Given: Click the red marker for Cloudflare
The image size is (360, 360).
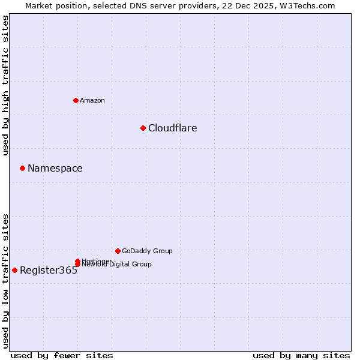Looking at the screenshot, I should coord(143,128).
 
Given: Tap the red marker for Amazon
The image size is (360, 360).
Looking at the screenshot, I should coord(76,100).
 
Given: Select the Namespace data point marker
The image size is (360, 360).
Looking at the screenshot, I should coord(22,168).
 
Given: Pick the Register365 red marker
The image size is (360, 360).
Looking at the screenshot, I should coord(14,270).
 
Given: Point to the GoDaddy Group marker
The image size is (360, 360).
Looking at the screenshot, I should coord(118,251).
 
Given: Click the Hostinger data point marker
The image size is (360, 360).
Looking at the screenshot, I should coord(77,261).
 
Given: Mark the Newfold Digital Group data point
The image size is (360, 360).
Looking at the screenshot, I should coord(77,265).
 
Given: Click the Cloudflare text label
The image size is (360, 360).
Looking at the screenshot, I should coord(172,128).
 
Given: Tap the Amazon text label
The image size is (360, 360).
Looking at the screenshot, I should coord(92,100).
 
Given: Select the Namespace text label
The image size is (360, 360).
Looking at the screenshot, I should coord(55,168).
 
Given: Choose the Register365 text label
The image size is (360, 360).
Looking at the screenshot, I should coord(49,270).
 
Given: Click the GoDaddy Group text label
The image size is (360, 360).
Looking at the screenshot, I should coord(147,251).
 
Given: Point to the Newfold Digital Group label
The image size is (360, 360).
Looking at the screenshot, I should coord(118,265).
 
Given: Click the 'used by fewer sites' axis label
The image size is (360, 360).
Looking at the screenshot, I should coord(62,355).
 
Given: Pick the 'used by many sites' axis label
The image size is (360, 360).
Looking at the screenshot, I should coord(301,355).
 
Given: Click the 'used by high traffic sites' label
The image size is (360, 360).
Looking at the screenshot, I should coord(6,85).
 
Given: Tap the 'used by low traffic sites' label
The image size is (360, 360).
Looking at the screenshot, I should coord(6,280).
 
